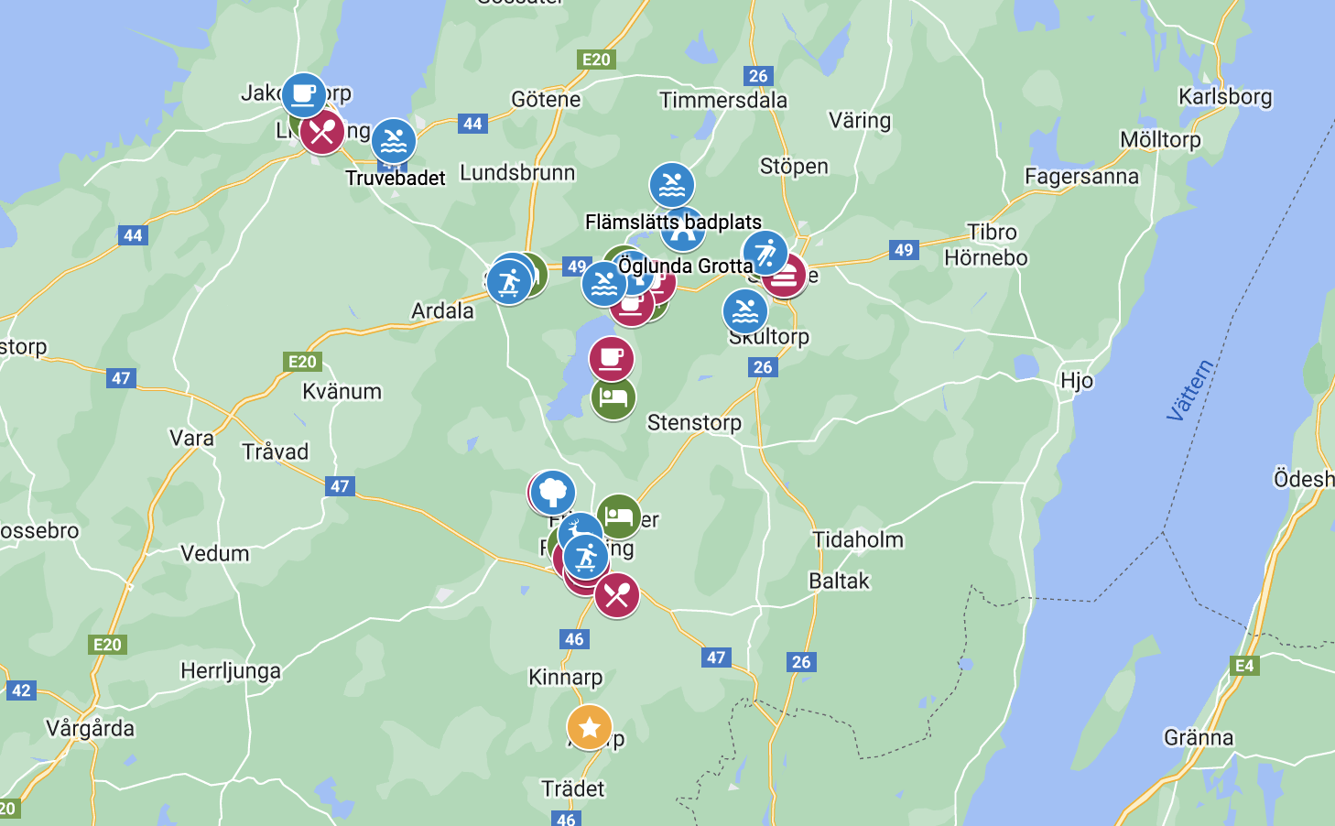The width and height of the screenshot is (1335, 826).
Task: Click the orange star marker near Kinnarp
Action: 590,727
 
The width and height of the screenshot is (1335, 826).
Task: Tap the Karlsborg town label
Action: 1225,96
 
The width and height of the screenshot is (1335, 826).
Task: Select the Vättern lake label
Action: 1189,390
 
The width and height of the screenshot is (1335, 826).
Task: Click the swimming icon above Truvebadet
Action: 394,141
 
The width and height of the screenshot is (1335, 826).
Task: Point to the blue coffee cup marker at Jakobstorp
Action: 303,95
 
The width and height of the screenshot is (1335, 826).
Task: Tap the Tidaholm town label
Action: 858,539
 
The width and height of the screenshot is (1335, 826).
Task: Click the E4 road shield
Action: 1244,666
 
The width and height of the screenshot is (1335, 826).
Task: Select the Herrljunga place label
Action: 231,670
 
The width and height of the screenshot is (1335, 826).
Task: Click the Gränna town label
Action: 1199,737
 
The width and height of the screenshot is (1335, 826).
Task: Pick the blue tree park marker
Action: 553,492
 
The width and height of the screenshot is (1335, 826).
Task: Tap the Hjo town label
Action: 1077,380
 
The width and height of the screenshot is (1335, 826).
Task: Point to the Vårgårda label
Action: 91,728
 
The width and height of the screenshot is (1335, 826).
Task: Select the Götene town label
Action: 546,99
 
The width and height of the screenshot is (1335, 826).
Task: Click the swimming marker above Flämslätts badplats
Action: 672,185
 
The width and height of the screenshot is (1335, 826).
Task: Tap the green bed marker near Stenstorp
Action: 613,397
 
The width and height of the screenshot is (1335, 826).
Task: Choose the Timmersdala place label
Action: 723,100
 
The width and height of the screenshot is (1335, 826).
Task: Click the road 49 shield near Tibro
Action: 904,250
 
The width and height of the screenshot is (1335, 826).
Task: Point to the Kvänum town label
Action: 342,391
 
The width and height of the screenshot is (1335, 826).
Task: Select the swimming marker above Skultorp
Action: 745,311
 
